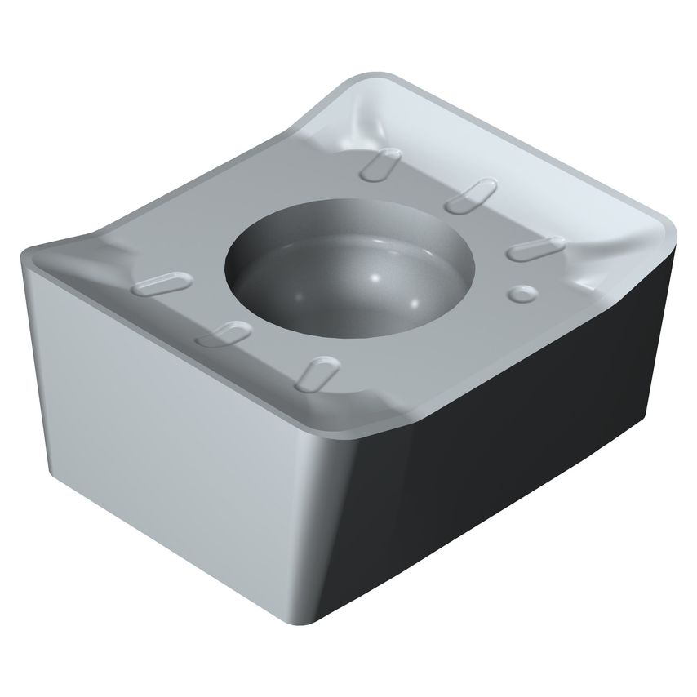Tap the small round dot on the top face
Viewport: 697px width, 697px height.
point(520,291)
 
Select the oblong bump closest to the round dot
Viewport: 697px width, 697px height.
point(535,246)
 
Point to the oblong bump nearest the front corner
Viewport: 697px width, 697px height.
point(317,372)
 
